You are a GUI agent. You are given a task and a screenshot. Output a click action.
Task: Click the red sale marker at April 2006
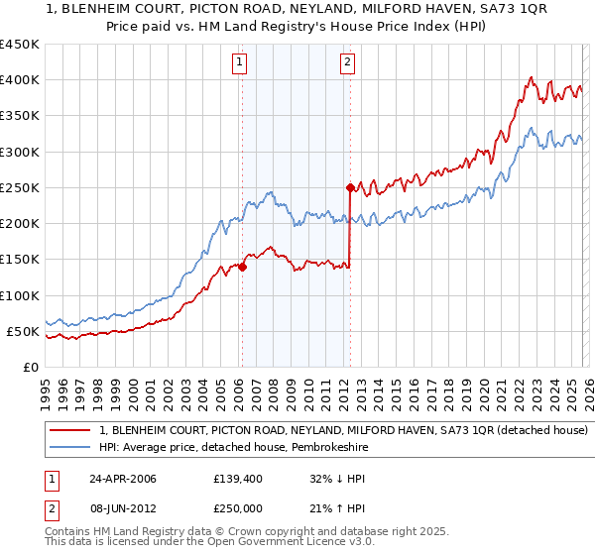(x=242, y=267)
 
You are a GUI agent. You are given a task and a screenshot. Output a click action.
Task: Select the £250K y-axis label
(x=20, y=187)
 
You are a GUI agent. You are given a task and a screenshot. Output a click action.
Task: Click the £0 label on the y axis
(x=30, y=367)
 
